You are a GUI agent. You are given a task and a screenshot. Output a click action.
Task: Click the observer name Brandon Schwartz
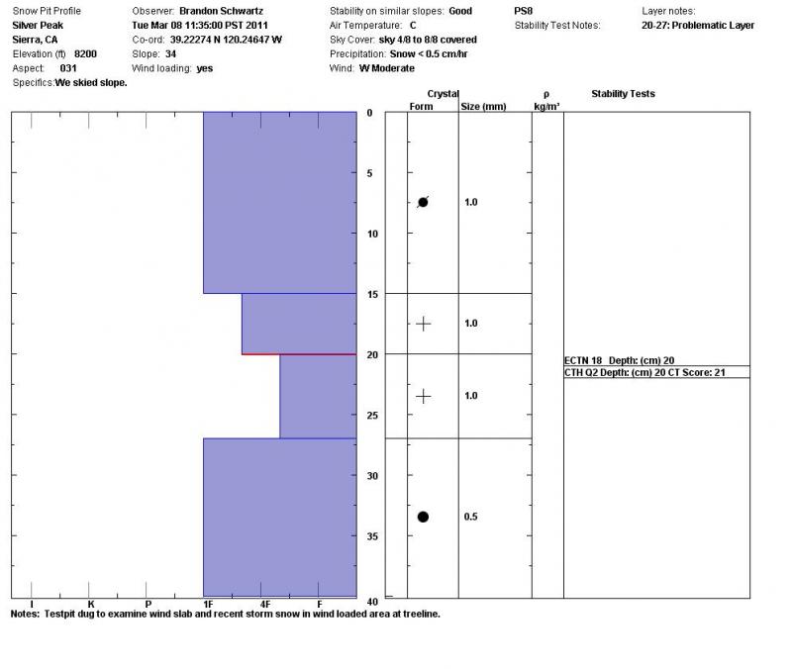tap(221, 11)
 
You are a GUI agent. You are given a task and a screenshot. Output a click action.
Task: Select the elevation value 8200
tap(86, 53)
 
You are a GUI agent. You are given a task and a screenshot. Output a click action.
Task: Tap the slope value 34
tap(170, 53)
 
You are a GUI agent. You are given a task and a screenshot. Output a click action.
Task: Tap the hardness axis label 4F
tap(264, 604)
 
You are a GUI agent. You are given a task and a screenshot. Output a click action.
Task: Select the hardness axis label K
tap(90, 604)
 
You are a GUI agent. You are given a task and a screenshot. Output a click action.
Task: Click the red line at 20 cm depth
tap(299, 353)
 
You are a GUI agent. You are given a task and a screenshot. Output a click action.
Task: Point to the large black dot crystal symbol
tap(423, 517)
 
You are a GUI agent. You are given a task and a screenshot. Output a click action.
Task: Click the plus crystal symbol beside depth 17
tap(423, 324)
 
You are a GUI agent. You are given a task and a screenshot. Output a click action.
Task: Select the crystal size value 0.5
tap(471, 517)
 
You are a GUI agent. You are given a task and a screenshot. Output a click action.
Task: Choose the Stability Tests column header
tap(623, 94)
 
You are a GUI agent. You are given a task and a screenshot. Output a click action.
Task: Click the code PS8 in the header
tap(524, 11)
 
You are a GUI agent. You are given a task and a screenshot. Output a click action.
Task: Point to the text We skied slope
tap(91, 83)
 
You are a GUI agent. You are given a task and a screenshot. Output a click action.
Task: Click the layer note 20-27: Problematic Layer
tap(698, 26)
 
